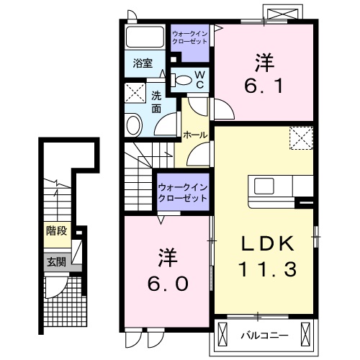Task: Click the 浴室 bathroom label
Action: click(x=143, y=63)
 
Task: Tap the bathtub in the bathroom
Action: click(x=145, y=37)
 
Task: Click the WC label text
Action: click(x=200, y=78)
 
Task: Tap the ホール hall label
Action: click(x=195, y=135)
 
